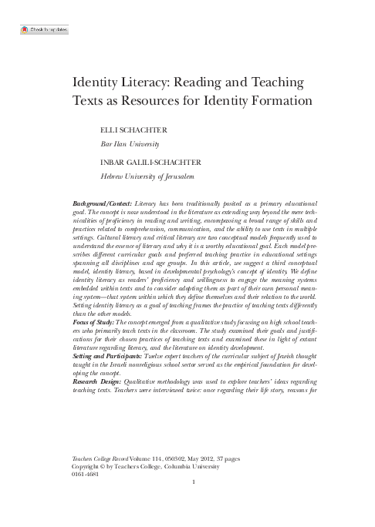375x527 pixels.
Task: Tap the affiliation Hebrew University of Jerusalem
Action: pos(151,176)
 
